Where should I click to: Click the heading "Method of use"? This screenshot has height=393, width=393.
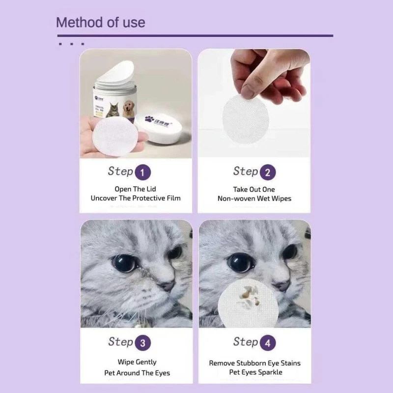pos(100,22)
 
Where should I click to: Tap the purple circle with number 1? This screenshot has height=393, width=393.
pos(142,172)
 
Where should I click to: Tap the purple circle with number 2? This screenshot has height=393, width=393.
pos(268,172)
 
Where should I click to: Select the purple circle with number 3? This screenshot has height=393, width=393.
pos(142,343)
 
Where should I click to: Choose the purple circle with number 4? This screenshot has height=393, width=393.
pos(268,343)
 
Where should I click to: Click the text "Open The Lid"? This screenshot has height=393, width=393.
pos(135,189)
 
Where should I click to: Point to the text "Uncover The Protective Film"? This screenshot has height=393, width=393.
pos(136,198)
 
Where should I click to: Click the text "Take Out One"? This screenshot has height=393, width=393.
pos(254,189)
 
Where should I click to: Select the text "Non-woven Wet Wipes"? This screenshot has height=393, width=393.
pos(254,198)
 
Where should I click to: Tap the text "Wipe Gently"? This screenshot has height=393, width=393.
pos(137,362)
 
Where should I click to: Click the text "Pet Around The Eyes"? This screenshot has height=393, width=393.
pos(137,373)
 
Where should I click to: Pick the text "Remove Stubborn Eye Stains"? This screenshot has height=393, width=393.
pos(254,363)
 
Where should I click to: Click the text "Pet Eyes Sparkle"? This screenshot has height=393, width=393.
pos(254,372)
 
